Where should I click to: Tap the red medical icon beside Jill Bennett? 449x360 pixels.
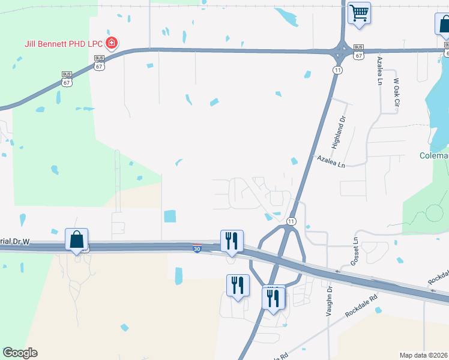click(x=111, y=43)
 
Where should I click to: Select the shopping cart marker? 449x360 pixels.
click(x=359, y=13)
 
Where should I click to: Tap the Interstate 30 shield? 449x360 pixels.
click(x=197, y=248)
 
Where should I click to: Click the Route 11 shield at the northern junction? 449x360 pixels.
click(x=338, y=70)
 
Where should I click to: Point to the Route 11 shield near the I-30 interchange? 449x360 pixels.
click(x=291, y=221)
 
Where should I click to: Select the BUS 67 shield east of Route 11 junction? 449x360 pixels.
click(x=358, y=52)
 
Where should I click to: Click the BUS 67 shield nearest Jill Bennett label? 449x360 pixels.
click(x=99, y=62)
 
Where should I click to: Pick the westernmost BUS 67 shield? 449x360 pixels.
click(x=67, y=79)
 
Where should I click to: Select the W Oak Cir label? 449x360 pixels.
click(x=396, y=92)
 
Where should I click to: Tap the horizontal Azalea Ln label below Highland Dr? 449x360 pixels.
click(x=332, y=161)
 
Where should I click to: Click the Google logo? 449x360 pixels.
click(x=20, y=353)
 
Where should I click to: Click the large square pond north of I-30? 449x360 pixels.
click(x=170, y=216)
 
